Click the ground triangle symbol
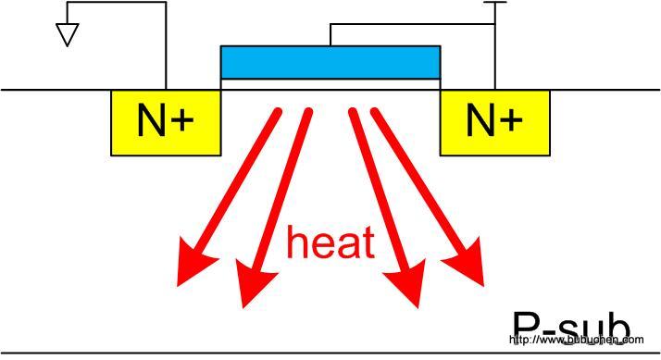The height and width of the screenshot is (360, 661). [67, 34]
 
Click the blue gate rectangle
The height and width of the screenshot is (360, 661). [330, 61]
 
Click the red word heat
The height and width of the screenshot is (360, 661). [330, 242]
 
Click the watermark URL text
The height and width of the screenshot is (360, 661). [577, 341]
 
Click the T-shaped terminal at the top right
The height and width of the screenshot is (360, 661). [495, 4]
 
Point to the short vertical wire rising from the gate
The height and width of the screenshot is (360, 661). [330, 33]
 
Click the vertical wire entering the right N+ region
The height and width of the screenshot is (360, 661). [495, 56]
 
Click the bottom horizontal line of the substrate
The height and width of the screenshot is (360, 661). [278, 353]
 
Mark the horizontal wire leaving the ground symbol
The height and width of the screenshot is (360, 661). [111, 3]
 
